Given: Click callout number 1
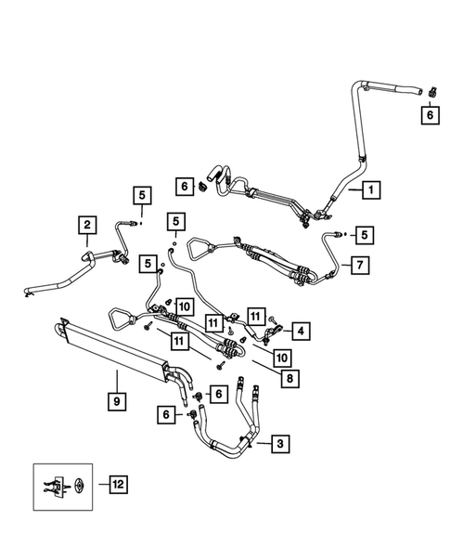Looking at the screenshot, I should [x=369, y=189].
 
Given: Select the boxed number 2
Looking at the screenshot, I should [x=85, y=224].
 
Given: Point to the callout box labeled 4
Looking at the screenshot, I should [x=302, y=329].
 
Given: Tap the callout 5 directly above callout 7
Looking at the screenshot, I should [x=364, y=235].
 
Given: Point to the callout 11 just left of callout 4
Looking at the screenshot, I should [x=256, y=316].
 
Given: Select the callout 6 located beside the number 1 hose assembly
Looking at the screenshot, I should [x=185, y=187].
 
